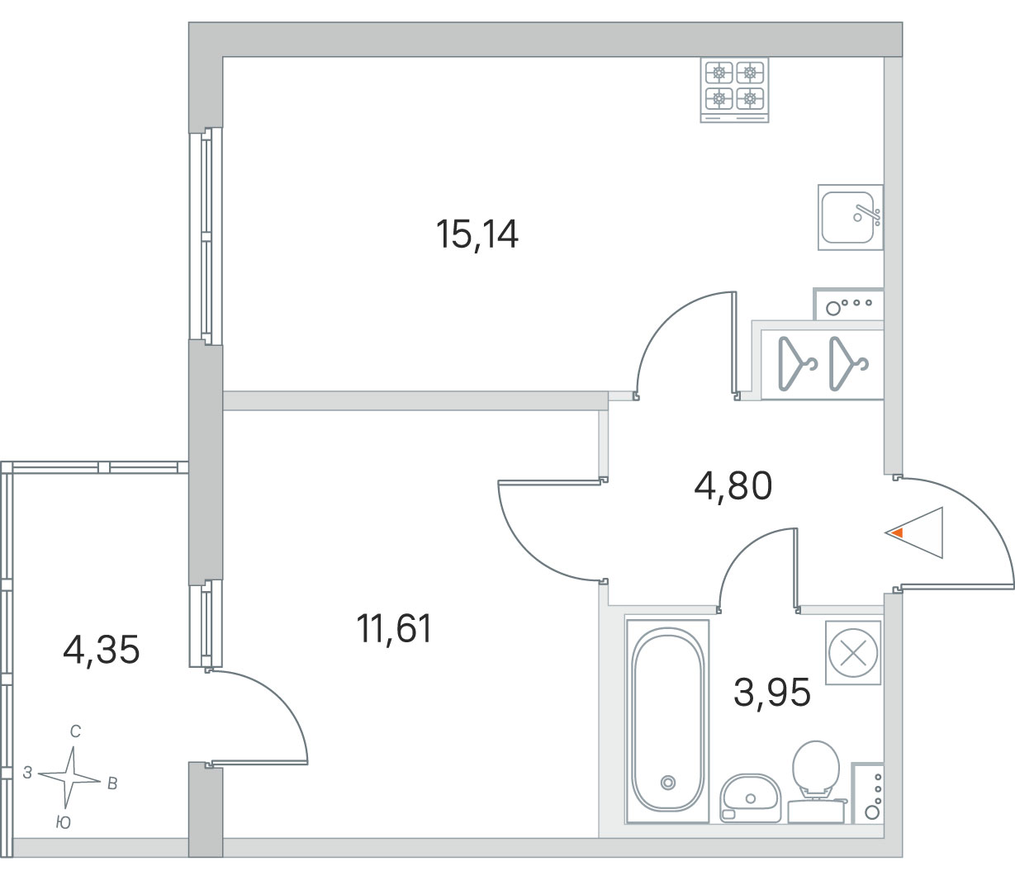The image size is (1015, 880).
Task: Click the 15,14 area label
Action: point(477,235)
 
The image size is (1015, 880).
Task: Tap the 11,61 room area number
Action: point(395,629)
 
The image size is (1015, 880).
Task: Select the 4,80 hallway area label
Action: point(733,486)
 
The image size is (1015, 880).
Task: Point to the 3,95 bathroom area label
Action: point(772,693)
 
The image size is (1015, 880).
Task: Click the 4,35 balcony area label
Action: point(102,651)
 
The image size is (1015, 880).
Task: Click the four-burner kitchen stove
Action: point(734,90)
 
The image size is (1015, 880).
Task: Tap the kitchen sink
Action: point(851,217)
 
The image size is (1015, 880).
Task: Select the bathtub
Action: point(668,721)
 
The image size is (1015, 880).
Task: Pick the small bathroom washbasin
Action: point(750,798)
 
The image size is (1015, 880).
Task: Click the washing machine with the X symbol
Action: point(853,653)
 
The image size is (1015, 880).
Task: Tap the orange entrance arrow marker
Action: point(897,533)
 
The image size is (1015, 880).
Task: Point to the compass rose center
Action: point(70,778)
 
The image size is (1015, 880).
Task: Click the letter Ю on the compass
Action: point(63,822)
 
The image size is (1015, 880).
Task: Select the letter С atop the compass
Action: point(75,731)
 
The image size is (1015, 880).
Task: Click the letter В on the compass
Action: point(112,783)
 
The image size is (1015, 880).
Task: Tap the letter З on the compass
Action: point(28,773)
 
